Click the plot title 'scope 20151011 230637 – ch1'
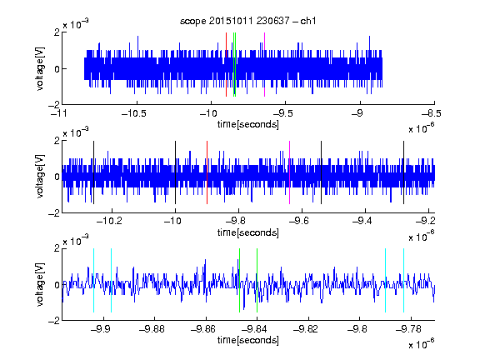coord(248,21)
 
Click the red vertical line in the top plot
coord(226,65)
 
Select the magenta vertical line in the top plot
coord(264,65)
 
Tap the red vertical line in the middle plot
coord(207,172)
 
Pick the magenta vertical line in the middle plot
coord(290,172)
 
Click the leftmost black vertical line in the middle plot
coord(93,172)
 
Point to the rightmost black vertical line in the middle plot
coord(404,172)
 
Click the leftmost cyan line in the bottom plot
coord(93,280)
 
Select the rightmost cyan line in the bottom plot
coord(404,280)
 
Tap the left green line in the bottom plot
coord(239,280)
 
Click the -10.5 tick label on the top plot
coord(134,113)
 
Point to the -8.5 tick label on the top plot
coord(432,113)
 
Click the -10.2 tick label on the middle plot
coord(109,221)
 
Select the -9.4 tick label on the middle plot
coord(362,221)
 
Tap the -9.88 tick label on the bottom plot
coord(152,329)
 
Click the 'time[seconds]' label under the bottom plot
coord(248,340)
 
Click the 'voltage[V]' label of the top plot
coord(40,68)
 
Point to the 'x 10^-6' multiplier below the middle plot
coord(422,237)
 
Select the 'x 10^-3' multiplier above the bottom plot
coord(76,241)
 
